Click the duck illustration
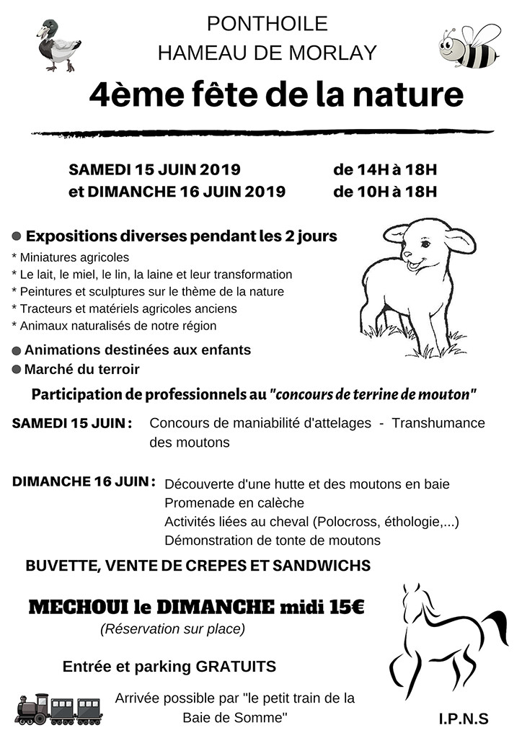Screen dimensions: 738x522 click(x=57, y=45)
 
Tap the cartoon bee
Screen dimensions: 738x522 click(x=469, y=48)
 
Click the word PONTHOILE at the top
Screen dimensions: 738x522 click(x=267, y=24)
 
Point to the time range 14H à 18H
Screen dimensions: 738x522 click(x=385, y=170)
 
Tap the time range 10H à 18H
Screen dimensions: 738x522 click(x=385, y=192)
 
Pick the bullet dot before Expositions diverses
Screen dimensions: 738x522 click(x=16, y=236)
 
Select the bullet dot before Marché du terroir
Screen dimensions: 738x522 click(x=16, y=369)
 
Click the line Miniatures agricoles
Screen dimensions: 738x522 click(x=71, y=257)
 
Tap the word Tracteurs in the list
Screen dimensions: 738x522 click(x=46, y=308)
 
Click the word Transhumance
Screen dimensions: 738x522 click(x=438, y=423)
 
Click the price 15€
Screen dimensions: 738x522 click(x=346, y=607)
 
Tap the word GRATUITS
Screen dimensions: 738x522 click(x=236, y=667)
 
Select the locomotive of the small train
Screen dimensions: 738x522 click(x=32, y=709)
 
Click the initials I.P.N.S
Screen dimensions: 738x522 click(x=463, y=719)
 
